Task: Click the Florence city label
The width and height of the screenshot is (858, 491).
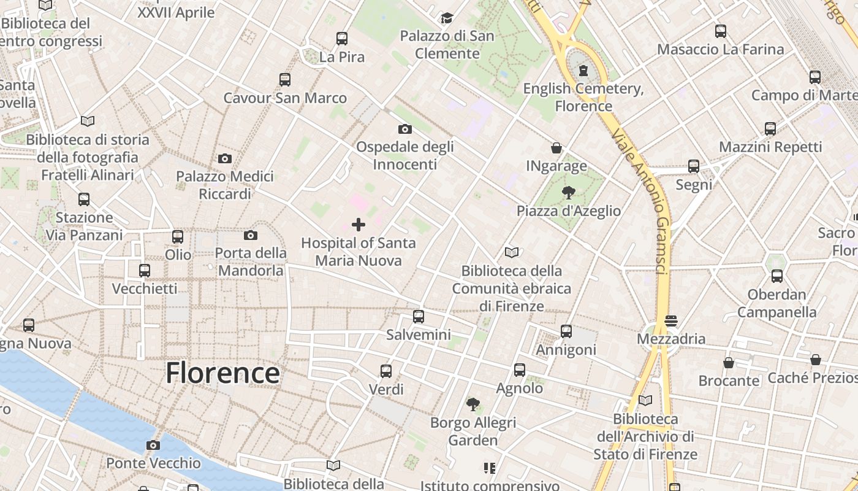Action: click(x=222, y=373)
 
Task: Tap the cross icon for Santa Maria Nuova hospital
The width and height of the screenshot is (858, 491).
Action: click(x=359, y=225)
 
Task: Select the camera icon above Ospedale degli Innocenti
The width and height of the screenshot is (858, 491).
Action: click(x=404, y=129)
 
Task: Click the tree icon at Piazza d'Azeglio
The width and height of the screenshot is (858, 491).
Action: click(x=569, y=193)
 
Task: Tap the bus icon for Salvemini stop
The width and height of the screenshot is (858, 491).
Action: click(x=419, y=317)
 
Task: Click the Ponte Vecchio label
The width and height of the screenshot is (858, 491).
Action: click(x=153, y=463)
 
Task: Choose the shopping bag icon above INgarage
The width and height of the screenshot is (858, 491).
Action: click(x=556, y=148)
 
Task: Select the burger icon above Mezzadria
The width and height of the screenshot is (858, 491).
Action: click(x=671, y=320)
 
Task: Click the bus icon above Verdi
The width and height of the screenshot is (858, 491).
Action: click(x=386, y=371)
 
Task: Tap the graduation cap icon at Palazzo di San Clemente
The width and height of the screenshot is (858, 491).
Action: click(x=447, y=18)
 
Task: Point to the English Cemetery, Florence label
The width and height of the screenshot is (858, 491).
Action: click(x=583, y=97)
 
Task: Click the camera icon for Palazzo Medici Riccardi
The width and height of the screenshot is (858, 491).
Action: click(x=225, y=158)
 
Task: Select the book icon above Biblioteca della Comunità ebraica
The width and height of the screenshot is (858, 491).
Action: click(x=512, y=252)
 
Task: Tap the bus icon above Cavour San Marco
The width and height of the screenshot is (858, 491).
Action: click(x=285, y=79)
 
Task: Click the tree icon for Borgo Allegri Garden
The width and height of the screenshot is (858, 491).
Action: click(x=473, y=404)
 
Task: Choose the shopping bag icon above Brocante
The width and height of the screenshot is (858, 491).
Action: click(x=729, y=363)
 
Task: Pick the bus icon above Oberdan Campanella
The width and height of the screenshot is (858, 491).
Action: click(x=777, y=276)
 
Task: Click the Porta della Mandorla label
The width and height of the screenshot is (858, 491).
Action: click(x=251, y=261)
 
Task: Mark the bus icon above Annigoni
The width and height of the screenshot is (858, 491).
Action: click(x=566, y=331)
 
